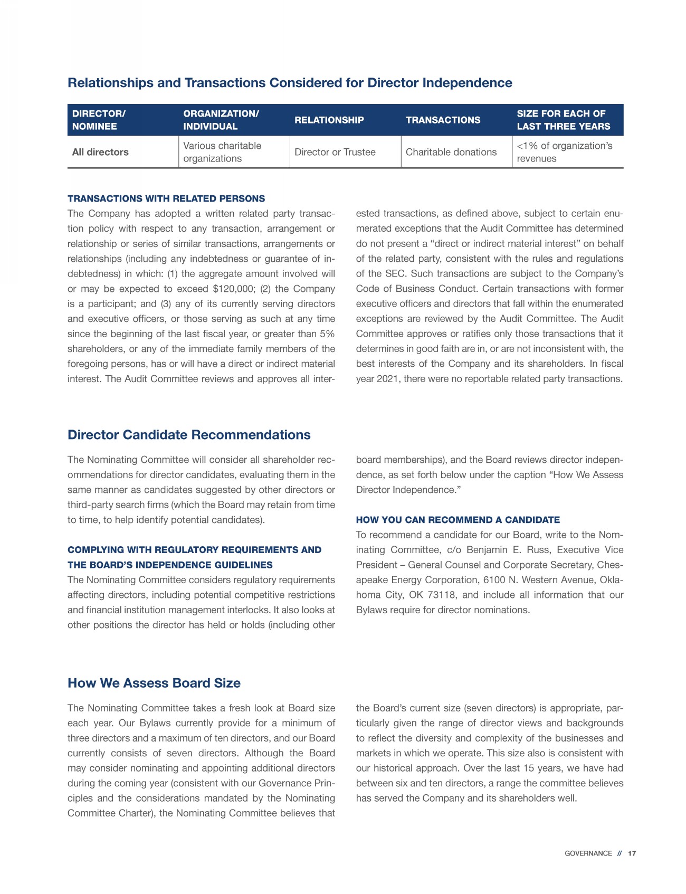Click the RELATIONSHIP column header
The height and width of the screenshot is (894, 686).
(329, 120)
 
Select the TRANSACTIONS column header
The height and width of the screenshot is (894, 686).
(443, 120)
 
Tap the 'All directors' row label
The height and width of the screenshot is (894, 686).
(100, 152)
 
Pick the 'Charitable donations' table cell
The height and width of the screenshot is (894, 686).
(451, 152)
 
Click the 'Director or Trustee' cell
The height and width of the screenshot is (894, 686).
(335, 152)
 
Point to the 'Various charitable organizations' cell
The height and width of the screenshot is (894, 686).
(222, 152)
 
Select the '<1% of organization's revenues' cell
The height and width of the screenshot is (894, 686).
(564, 152)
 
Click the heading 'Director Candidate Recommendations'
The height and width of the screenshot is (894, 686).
(189, 435)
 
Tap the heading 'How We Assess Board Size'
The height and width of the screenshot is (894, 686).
(154, 683)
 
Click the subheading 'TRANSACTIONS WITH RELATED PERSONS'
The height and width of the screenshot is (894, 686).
(166, 198)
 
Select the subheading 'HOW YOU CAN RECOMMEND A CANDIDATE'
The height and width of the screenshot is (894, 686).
(458, 520)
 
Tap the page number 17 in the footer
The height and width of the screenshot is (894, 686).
(632, 853)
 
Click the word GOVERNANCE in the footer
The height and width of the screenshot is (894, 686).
(588, 853)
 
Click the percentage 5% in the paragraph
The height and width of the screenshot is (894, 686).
(327, 334)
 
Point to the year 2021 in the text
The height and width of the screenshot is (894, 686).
(388, 379)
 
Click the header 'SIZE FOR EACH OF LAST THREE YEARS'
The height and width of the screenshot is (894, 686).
(563, 120)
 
